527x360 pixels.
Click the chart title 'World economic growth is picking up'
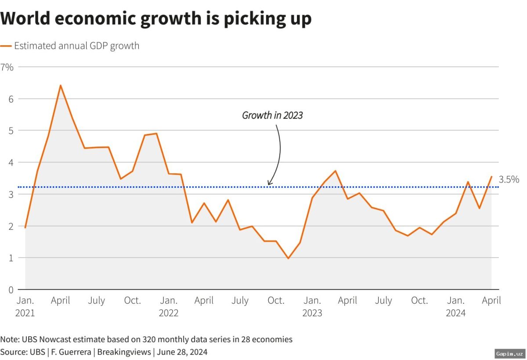(156, 18)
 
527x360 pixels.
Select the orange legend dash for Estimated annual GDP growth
(6, 46)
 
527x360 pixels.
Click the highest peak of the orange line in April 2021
(61, 85)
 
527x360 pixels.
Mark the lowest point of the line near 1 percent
(288, 258)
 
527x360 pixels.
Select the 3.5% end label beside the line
(509, 179)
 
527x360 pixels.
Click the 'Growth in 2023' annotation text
(272, 115)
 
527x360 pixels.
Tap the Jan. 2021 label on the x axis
(25, 306)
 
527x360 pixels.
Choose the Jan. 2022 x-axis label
(169, 306)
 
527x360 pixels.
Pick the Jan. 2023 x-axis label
(312, 306)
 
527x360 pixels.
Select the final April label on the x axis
(491, 301)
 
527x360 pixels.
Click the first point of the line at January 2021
(25, 227)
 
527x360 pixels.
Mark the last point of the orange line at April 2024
(491, 177)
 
